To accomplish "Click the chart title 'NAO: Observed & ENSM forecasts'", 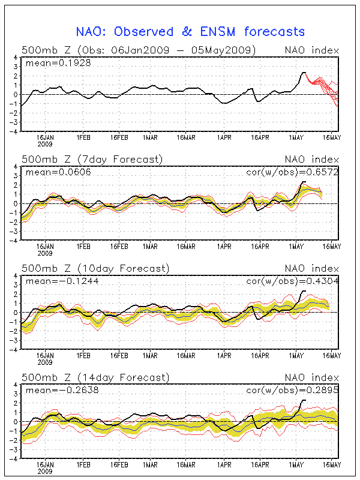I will (x=190, y=31).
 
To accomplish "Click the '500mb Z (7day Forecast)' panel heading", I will (x=92, y=159).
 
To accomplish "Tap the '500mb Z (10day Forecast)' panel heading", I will (x=94, y=268).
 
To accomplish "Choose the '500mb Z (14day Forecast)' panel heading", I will (x=94, y=377).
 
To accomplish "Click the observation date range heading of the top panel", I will (x=139, y=49).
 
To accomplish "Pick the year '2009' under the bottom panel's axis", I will (x=44, y=472).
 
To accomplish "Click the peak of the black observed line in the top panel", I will (x=304, y=73).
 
